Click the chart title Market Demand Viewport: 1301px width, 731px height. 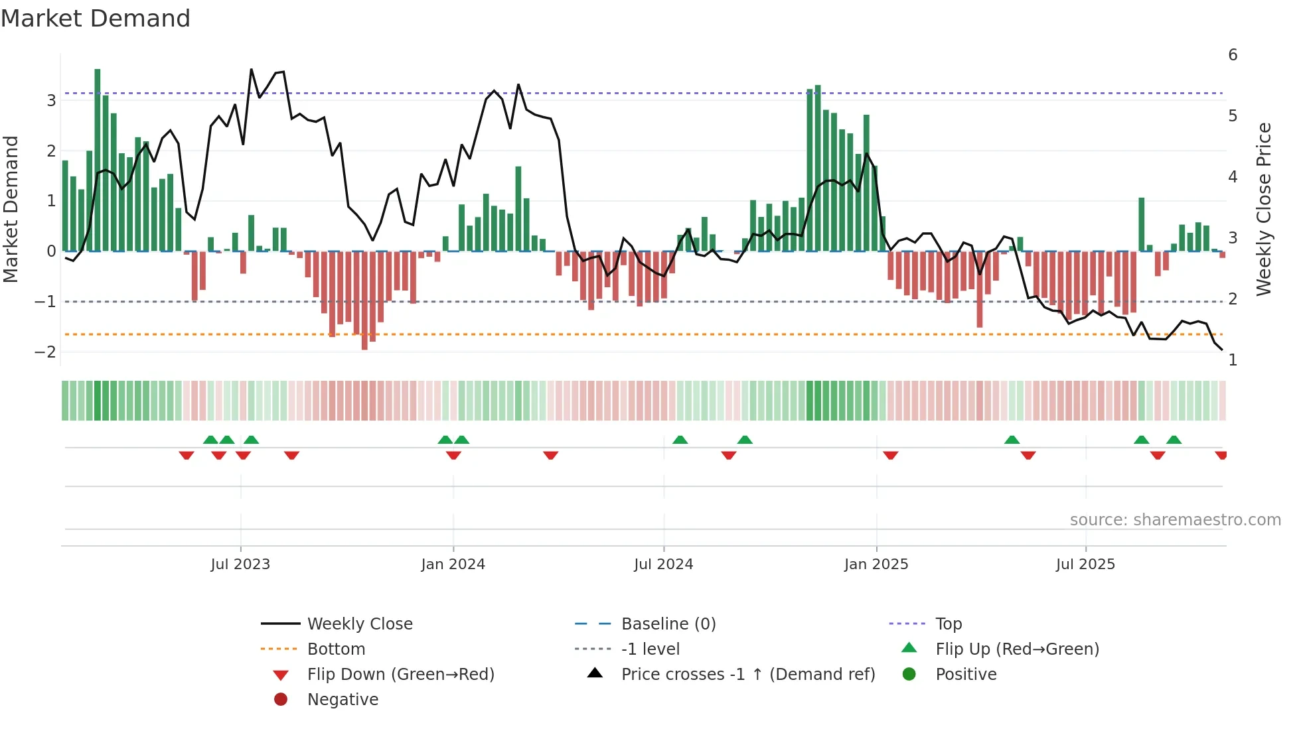point(96,19)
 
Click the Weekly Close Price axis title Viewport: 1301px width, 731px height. point(1264,209)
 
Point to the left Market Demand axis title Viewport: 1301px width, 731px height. point(11,209)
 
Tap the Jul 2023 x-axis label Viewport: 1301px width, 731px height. point(240,565)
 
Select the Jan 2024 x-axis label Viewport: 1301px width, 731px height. point(453,565)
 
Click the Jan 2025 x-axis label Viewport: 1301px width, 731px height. point(876,565)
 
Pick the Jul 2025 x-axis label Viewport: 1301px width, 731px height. point(1086,565)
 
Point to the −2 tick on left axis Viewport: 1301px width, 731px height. point(45,352)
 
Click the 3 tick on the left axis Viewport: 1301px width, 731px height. point(51,101)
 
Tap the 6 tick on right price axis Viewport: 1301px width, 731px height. point(1233,55)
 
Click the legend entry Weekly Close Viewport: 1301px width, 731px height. point(360,624)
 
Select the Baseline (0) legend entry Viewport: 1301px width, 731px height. point(668,624)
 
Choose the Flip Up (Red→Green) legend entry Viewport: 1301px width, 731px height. point(1017,649)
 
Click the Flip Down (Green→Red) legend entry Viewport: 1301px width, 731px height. point(400,675)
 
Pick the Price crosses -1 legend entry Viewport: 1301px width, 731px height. point(748,675)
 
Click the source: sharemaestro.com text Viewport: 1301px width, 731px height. point(1175,520)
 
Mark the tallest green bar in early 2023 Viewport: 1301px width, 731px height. point(98,159)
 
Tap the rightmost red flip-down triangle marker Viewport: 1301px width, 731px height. point(1221,455)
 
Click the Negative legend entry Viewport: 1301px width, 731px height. point(343,700)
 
